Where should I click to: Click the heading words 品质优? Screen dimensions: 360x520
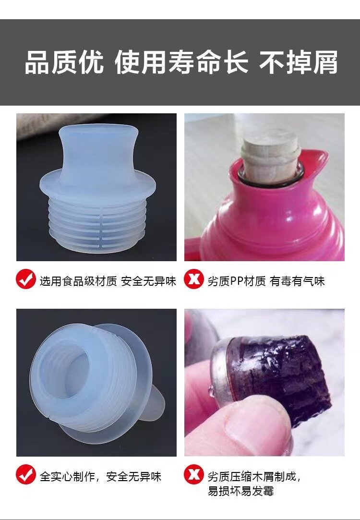tap(64, 62)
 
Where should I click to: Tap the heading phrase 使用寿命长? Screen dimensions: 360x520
tap(181, 62)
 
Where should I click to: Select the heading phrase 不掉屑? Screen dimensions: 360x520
tap(299, 62)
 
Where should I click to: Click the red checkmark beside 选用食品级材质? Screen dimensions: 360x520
tap(26, 279)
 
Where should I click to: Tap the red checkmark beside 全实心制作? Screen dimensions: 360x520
tap(26, 474)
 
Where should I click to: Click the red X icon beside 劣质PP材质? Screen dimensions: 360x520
tap(193, 279)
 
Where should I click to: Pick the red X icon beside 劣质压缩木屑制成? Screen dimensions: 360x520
tap(193, 474)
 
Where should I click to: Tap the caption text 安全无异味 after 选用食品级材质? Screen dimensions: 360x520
tap(148, 281)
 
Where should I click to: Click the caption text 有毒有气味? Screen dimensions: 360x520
tap(297, 281)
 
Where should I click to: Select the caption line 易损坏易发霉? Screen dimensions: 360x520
tap(240, 491)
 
